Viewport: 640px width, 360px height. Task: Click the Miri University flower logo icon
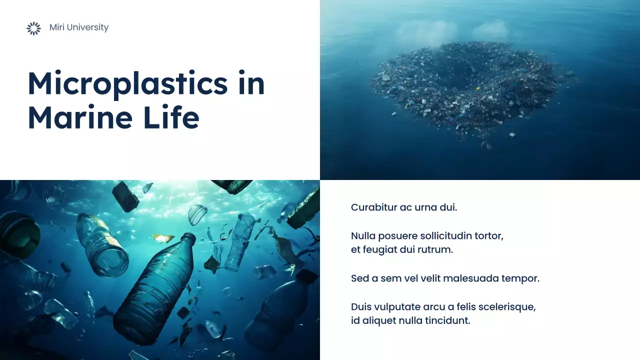pyautogui.click(x=33, y=28)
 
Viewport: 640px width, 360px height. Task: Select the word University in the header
pyautogui.click(x=88, y=27)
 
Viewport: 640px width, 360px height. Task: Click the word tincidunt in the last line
pyautogui.click(x=447, y=321)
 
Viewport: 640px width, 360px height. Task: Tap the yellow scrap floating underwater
pyautogui.click(x=162, y=238)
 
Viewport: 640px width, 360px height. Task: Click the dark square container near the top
pyautogui.click(x=125, y=196)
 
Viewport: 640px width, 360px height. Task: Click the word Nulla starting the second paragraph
pyautogui.click(x=363, y=235)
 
